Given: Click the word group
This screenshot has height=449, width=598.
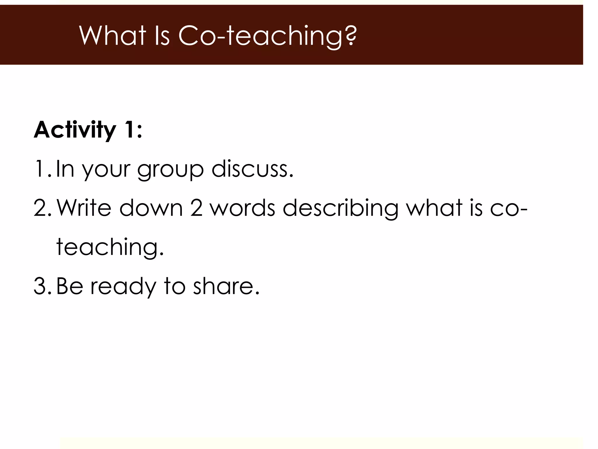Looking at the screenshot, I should (170, 170).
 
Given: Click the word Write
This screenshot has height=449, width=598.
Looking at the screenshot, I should (84, 208).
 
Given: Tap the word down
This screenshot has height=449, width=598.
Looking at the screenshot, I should (151, 208).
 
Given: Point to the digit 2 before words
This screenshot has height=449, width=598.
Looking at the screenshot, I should (196, 208).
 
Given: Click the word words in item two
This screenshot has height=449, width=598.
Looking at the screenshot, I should (242, 208).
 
